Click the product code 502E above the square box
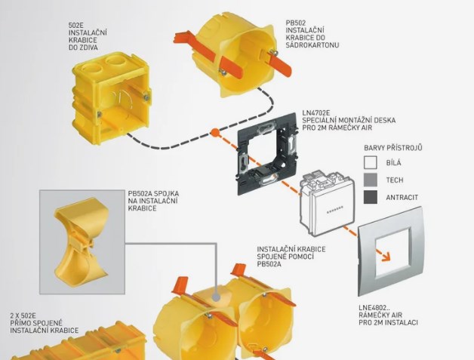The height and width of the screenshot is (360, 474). click(75, 25)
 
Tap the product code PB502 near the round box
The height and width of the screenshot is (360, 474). click(296, 23)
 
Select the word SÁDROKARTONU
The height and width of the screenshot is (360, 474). click(312, 45)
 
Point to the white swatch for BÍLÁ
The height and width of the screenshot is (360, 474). click(371, 162)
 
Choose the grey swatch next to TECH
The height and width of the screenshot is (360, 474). click(371, 180)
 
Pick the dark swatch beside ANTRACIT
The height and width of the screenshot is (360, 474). click(371, 197)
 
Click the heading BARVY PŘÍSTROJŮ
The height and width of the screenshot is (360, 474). click(393, 148)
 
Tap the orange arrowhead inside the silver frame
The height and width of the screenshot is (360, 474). click(386, 257)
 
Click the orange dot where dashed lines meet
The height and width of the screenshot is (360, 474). click(214, 132)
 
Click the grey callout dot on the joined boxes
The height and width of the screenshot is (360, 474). click(216, 297)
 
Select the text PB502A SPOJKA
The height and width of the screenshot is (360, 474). click(153, 193)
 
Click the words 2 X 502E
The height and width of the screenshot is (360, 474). click(23, 316)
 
